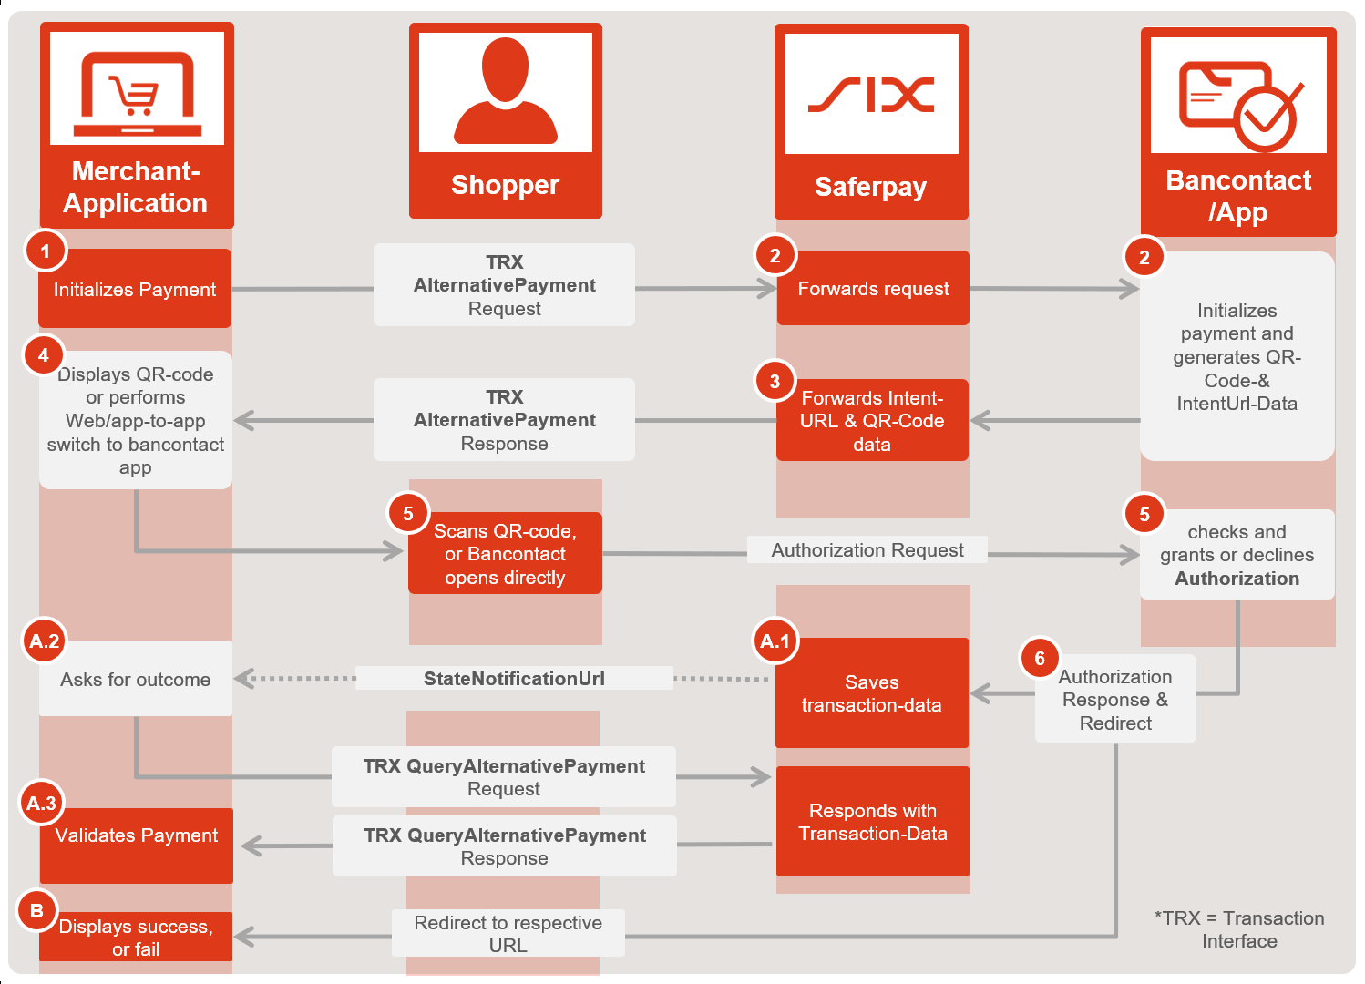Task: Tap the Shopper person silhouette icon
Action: (505, 91)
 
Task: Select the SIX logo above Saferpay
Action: (871, 94)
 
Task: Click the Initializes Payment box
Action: (135, 290)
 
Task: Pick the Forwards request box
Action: (873, 289)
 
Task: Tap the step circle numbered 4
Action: (43, 355)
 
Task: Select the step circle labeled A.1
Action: (775, 641)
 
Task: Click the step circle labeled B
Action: (37, 910)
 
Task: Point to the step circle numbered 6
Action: (1040, 658)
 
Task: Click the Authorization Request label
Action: (867, 550)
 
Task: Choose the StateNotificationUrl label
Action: (514, 679)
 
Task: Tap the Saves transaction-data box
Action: (871, 693)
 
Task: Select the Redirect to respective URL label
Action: (508, 934)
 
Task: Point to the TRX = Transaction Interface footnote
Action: (1239, 929)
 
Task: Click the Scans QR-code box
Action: (505, 554)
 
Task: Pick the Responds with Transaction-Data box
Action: (872, 822)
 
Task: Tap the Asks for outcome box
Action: (136, 680)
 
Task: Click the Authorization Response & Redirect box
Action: (1115, 700)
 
